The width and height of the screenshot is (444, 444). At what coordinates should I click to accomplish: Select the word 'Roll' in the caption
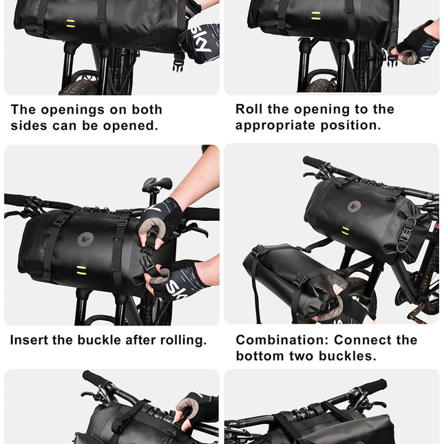250,109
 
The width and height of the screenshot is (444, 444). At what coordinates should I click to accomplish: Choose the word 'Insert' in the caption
30,340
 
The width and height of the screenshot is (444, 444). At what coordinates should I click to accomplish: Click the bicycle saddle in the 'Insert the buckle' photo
157,184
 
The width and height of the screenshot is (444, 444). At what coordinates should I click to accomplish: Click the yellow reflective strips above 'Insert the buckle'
82,268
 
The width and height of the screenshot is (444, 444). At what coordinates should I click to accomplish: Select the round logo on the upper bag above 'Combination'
354,205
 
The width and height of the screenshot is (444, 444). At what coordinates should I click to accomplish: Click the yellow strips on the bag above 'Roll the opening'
315,14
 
